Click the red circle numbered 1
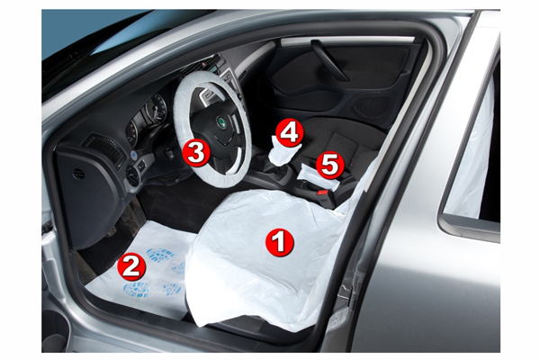click(x=280, y=242)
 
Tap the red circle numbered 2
click(x=131, y=266)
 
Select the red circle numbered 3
click(x=196, y=152)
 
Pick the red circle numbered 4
click(x=290, y=132)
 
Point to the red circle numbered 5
click(x=330, y=165)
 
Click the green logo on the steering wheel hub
click(x=220, y=122)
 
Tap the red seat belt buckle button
click(x=322, y=193)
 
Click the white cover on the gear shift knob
click(x=281, y=151)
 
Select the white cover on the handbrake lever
click(x=319, y=174)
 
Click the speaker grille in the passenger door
click(x=371, y=105)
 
